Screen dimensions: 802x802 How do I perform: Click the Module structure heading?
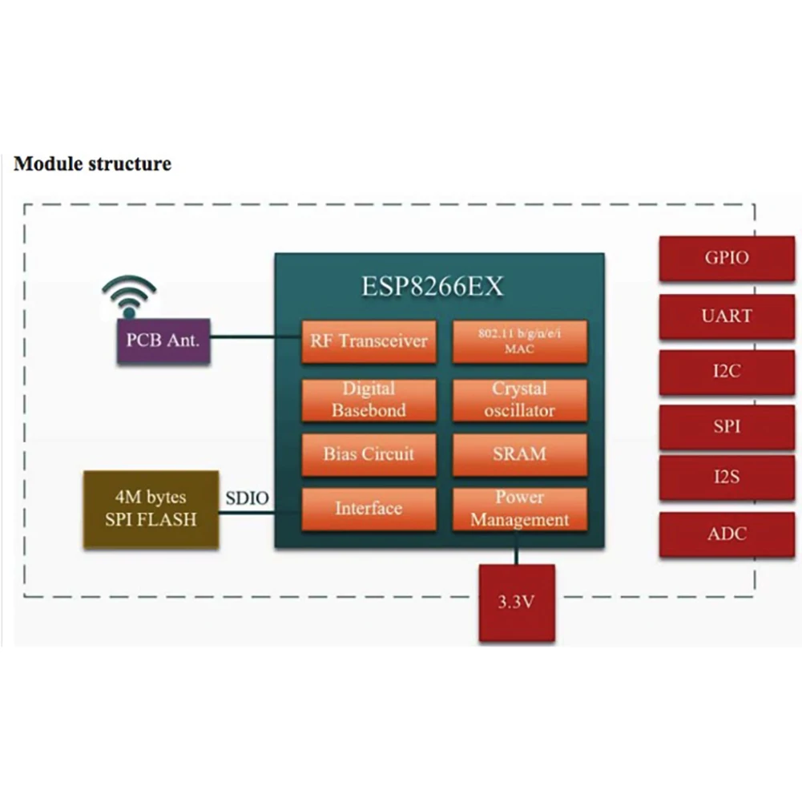(x=92, y=164)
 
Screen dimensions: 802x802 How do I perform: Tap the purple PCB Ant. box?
(x=163, y=341)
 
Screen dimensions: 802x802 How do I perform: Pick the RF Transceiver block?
(x=369, y=341)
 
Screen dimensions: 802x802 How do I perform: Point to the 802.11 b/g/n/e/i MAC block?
(x=519, y=341)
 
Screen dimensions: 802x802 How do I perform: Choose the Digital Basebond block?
(x=369, y=399)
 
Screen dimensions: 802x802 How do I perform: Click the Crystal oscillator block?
(x=519, y=399)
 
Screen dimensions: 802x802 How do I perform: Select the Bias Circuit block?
(x=369, y=454)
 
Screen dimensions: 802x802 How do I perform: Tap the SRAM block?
(x=519, y=454)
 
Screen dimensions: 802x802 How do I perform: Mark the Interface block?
(x=369, y=509)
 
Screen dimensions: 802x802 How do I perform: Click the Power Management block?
(x=519, y=509)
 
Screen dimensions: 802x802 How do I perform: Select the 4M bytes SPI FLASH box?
(x=151, y=510)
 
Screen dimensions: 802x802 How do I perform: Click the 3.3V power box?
(x=516, y=603)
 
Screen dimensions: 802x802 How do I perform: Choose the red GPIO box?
(x=727, y=258)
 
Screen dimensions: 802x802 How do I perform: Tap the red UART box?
(x=727, y=316)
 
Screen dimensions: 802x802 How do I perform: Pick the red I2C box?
(x=727, y=372)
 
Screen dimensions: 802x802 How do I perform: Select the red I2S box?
(x=727, y=478)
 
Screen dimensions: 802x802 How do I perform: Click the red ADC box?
(x=727, y=534)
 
